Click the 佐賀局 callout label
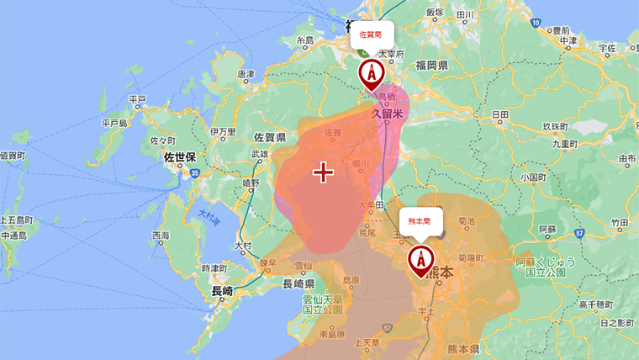pos(371,36)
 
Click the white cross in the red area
pos(323,172)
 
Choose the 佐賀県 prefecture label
pos(269,137)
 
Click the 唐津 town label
pos(246,74)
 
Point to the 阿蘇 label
pos(547,228)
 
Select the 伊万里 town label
pos(223,132)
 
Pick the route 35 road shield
pos(194,173)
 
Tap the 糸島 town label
pos(304,40)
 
